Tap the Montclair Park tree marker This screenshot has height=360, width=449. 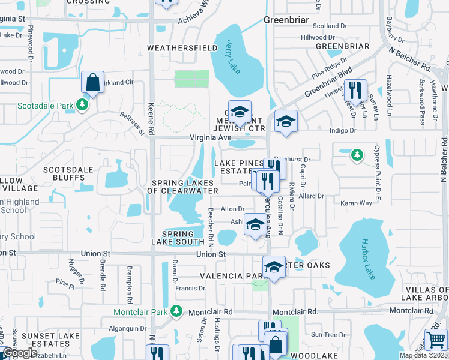176,311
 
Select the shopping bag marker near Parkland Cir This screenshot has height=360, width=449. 93,83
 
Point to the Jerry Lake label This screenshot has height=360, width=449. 234,58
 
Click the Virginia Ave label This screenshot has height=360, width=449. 211,137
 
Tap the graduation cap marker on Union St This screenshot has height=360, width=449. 274,267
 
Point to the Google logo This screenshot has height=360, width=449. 19,353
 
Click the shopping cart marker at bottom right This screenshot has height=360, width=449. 436,339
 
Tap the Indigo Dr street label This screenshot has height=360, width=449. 343,130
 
